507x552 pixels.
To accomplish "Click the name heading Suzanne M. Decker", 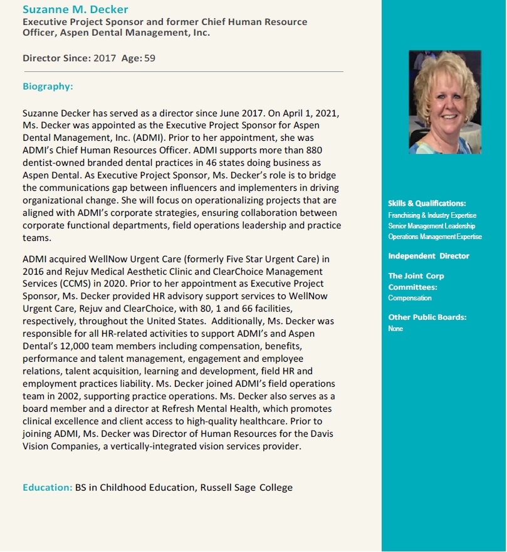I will point(75,9).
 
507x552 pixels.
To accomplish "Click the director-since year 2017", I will point(105,58).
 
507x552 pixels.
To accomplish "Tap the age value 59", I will point(150,58).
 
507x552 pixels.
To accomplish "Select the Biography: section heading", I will point(48,86).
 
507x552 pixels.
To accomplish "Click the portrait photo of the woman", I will point(444,102).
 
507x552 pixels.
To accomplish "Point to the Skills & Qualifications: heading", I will point(427,203).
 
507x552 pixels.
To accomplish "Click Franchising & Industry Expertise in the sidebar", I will point(432,215).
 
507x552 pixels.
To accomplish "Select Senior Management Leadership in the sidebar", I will point(431,226).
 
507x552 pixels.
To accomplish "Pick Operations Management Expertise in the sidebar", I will point(435,237).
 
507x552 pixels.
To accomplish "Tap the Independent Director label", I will point(428,256).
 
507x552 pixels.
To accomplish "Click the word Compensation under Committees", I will point(410,298).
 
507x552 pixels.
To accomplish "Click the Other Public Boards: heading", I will point(427,317).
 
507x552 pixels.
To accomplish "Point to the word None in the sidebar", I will point(395,329).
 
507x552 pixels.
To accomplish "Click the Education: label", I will point(47,488).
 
